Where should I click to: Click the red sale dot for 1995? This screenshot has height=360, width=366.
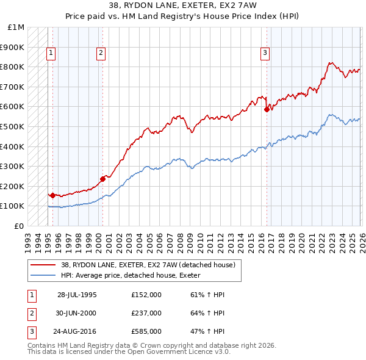click(x=53, y=195)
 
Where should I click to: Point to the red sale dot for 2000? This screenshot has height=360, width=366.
click(x=102, y=178)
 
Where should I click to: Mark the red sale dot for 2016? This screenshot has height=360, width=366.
click(x=267, y=110)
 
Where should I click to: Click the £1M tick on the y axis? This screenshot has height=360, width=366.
click(x=17, y=27)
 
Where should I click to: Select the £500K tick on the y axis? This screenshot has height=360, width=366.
click(x=13, y=127)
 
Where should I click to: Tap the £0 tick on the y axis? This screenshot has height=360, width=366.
click(x=20, y=226)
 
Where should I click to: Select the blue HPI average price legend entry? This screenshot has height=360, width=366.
click(x=134, y=275)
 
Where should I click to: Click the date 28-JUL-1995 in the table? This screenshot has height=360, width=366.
click(x=77, y=295)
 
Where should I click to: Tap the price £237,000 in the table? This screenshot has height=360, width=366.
click(x=146, y=313)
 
